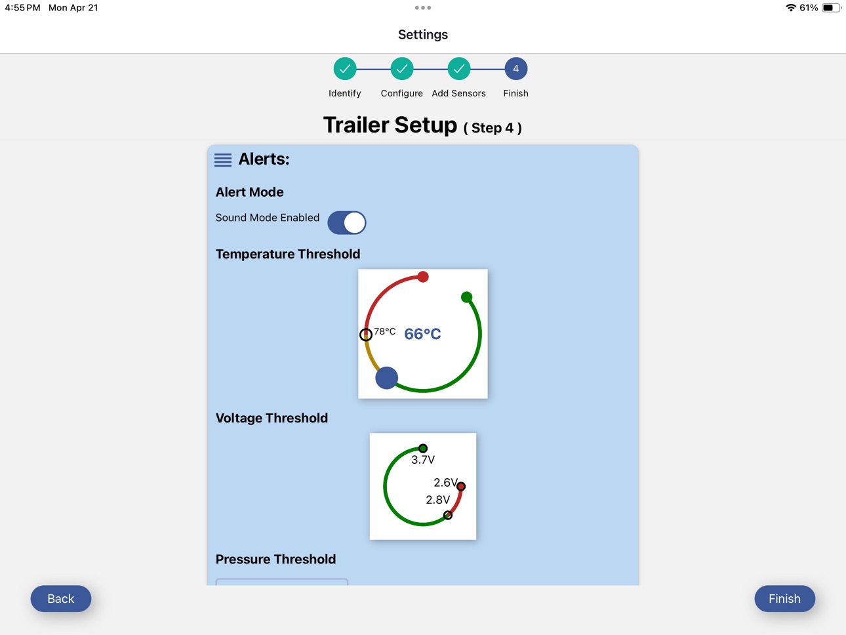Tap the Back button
[61, 598]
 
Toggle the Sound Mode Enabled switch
[346, 222]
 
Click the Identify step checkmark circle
[344, 69]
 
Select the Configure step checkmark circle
[401, 69]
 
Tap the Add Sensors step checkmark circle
[458, 69]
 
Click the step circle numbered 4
[515, 69]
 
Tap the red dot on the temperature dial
[423, 276]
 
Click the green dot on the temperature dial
[466, 297]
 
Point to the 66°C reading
[422, 334]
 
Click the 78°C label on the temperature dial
[385, 331]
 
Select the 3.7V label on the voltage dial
[423, 460]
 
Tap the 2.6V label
[445, 482]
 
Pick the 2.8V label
[437, 500]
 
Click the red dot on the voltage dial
[461, 486]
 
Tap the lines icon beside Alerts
[223, 160]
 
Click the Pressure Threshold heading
[275, 559]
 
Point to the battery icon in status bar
[832, 8]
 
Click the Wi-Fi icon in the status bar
[791, 7]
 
